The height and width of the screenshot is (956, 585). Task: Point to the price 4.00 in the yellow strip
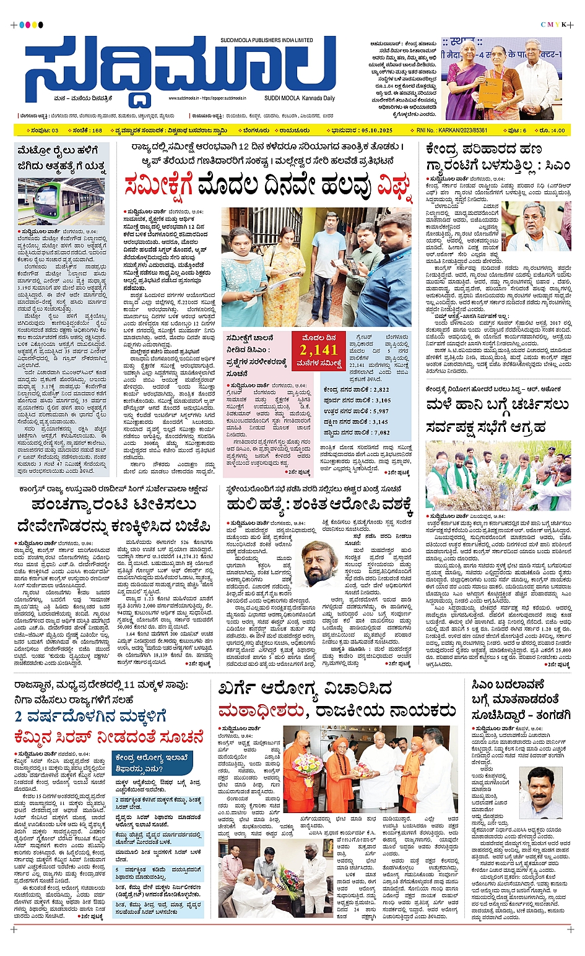[558, 131]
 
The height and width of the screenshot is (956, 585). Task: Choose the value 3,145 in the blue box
[381, 422]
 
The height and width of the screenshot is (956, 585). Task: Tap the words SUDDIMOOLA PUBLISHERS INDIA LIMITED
[266, 40]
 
